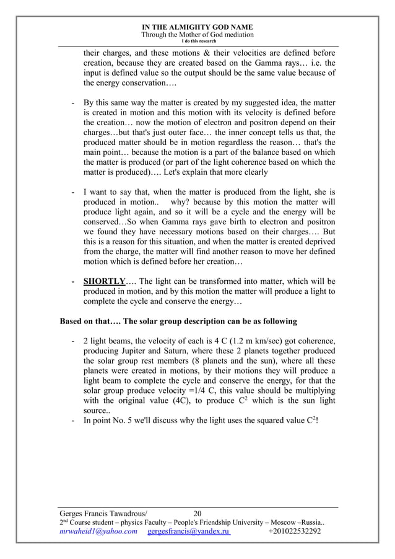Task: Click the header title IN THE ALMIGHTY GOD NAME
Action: [x=197, y=27]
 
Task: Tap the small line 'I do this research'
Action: [x=197, y=41]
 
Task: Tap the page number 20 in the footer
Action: [x=197, y=513]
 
